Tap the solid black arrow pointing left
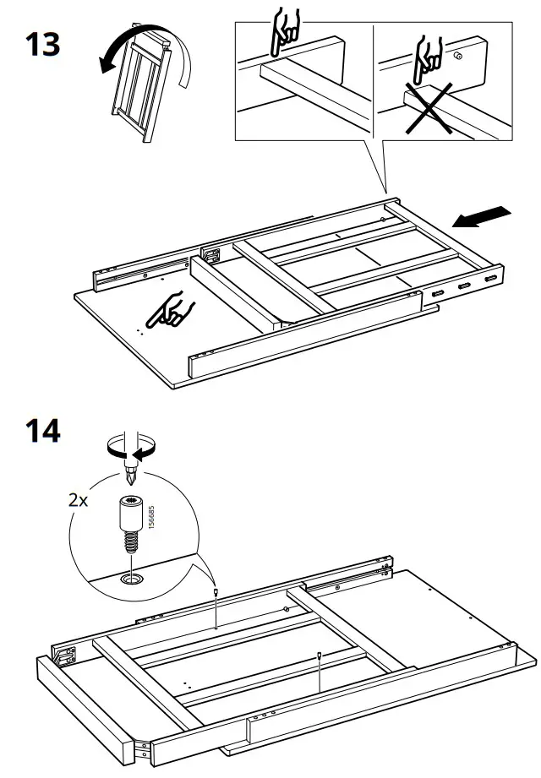(x=481, y=217)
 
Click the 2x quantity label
(x=78, y=499)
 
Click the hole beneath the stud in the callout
(x=132, y=579)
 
